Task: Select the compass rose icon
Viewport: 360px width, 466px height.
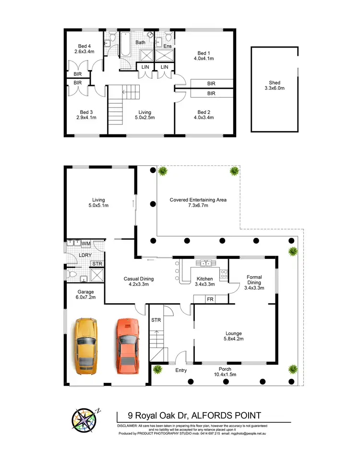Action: [84, 422]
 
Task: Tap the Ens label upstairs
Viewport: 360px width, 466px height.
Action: [168, 46]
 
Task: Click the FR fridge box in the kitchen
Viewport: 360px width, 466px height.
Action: [209, 299]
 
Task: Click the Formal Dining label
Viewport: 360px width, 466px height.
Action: [253, 280]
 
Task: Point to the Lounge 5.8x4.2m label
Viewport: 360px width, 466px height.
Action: [234, 336]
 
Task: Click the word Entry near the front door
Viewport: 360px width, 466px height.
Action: [181, 370]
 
